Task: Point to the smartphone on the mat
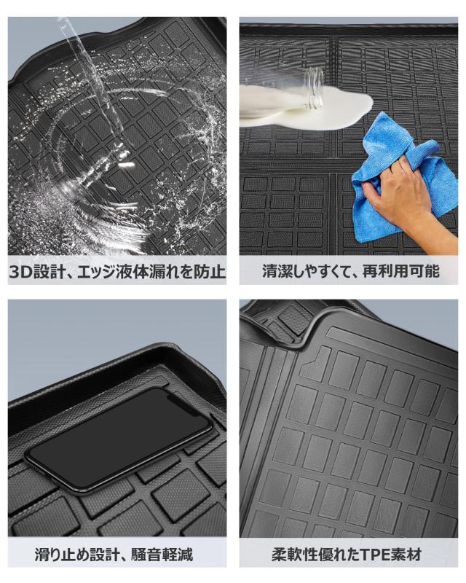coord(116,437)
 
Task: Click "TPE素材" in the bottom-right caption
coord(393,555)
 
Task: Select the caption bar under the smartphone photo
coord(116,555)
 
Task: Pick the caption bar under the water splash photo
coord(116,273)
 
